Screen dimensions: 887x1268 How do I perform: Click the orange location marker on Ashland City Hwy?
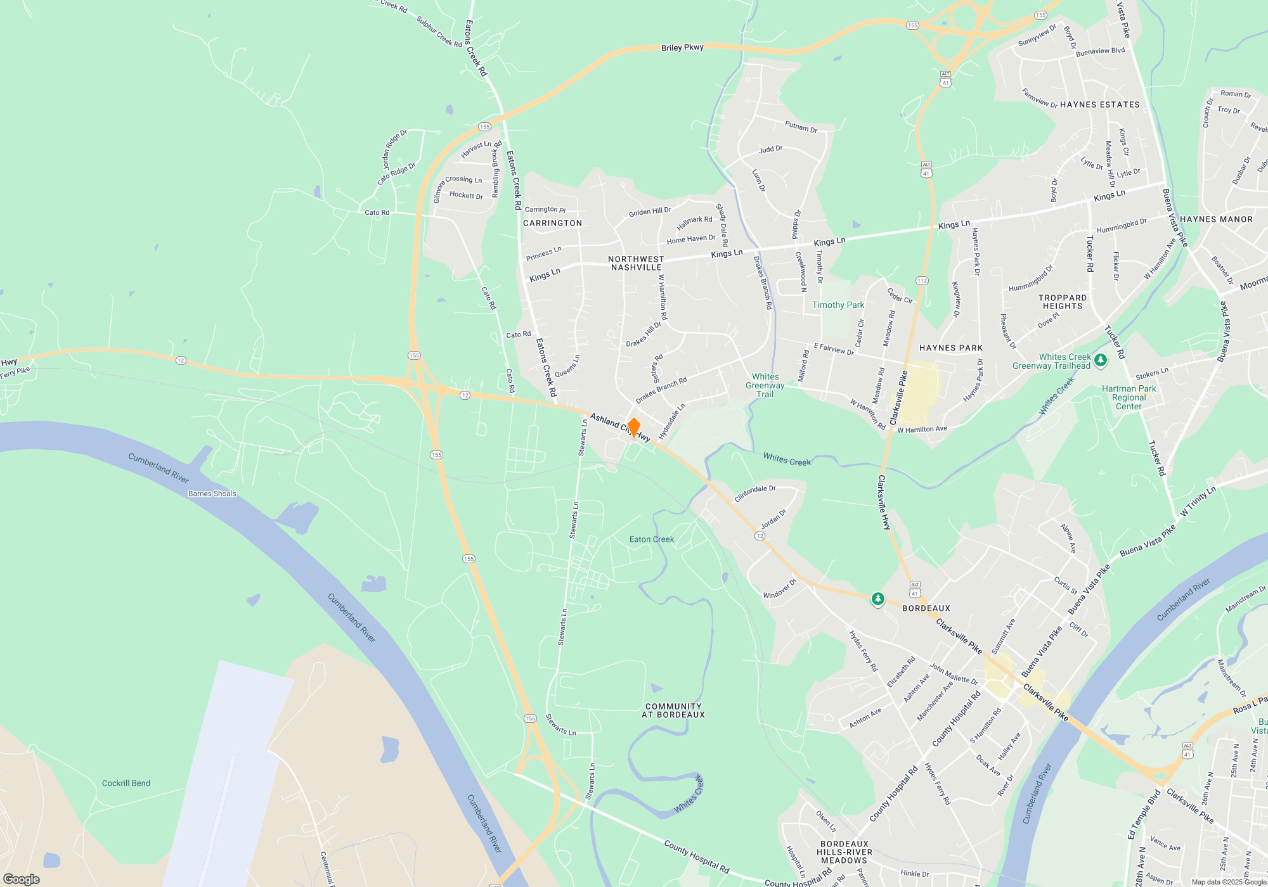633,428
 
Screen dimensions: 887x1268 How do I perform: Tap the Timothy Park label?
838,305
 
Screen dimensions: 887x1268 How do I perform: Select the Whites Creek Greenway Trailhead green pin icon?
1101,361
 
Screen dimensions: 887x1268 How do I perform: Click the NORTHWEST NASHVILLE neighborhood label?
636,263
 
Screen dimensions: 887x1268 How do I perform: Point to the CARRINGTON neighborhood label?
552,223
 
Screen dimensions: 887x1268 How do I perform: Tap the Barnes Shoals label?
212,494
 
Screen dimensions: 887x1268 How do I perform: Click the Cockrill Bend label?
126,783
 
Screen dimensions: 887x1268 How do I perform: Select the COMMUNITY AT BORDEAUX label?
673,710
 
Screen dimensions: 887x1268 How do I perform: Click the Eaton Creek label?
652,539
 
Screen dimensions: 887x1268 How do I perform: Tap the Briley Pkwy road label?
682,48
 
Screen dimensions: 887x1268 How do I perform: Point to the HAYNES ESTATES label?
1099,105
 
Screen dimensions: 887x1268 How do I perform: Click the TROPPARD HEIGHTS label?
1063,302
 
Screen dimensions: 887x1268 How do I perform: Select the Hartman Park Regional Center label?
1129,397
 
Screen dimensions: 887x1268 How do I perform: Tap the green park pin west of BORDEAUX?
877,598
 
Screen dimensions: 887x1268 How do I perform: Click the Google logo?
22,879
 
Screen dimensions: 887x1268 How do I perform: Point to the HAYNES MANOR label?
1216,219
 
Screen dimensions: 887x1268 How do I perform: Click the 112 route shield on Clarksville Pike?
922,280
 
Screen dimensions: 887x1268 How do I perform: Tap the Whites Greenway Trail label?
765,385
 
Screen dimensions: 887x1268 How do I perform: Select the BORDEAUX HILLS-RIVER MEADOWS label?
844,852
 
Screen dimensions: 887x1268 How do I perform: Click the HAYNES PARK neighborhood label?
951,348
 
